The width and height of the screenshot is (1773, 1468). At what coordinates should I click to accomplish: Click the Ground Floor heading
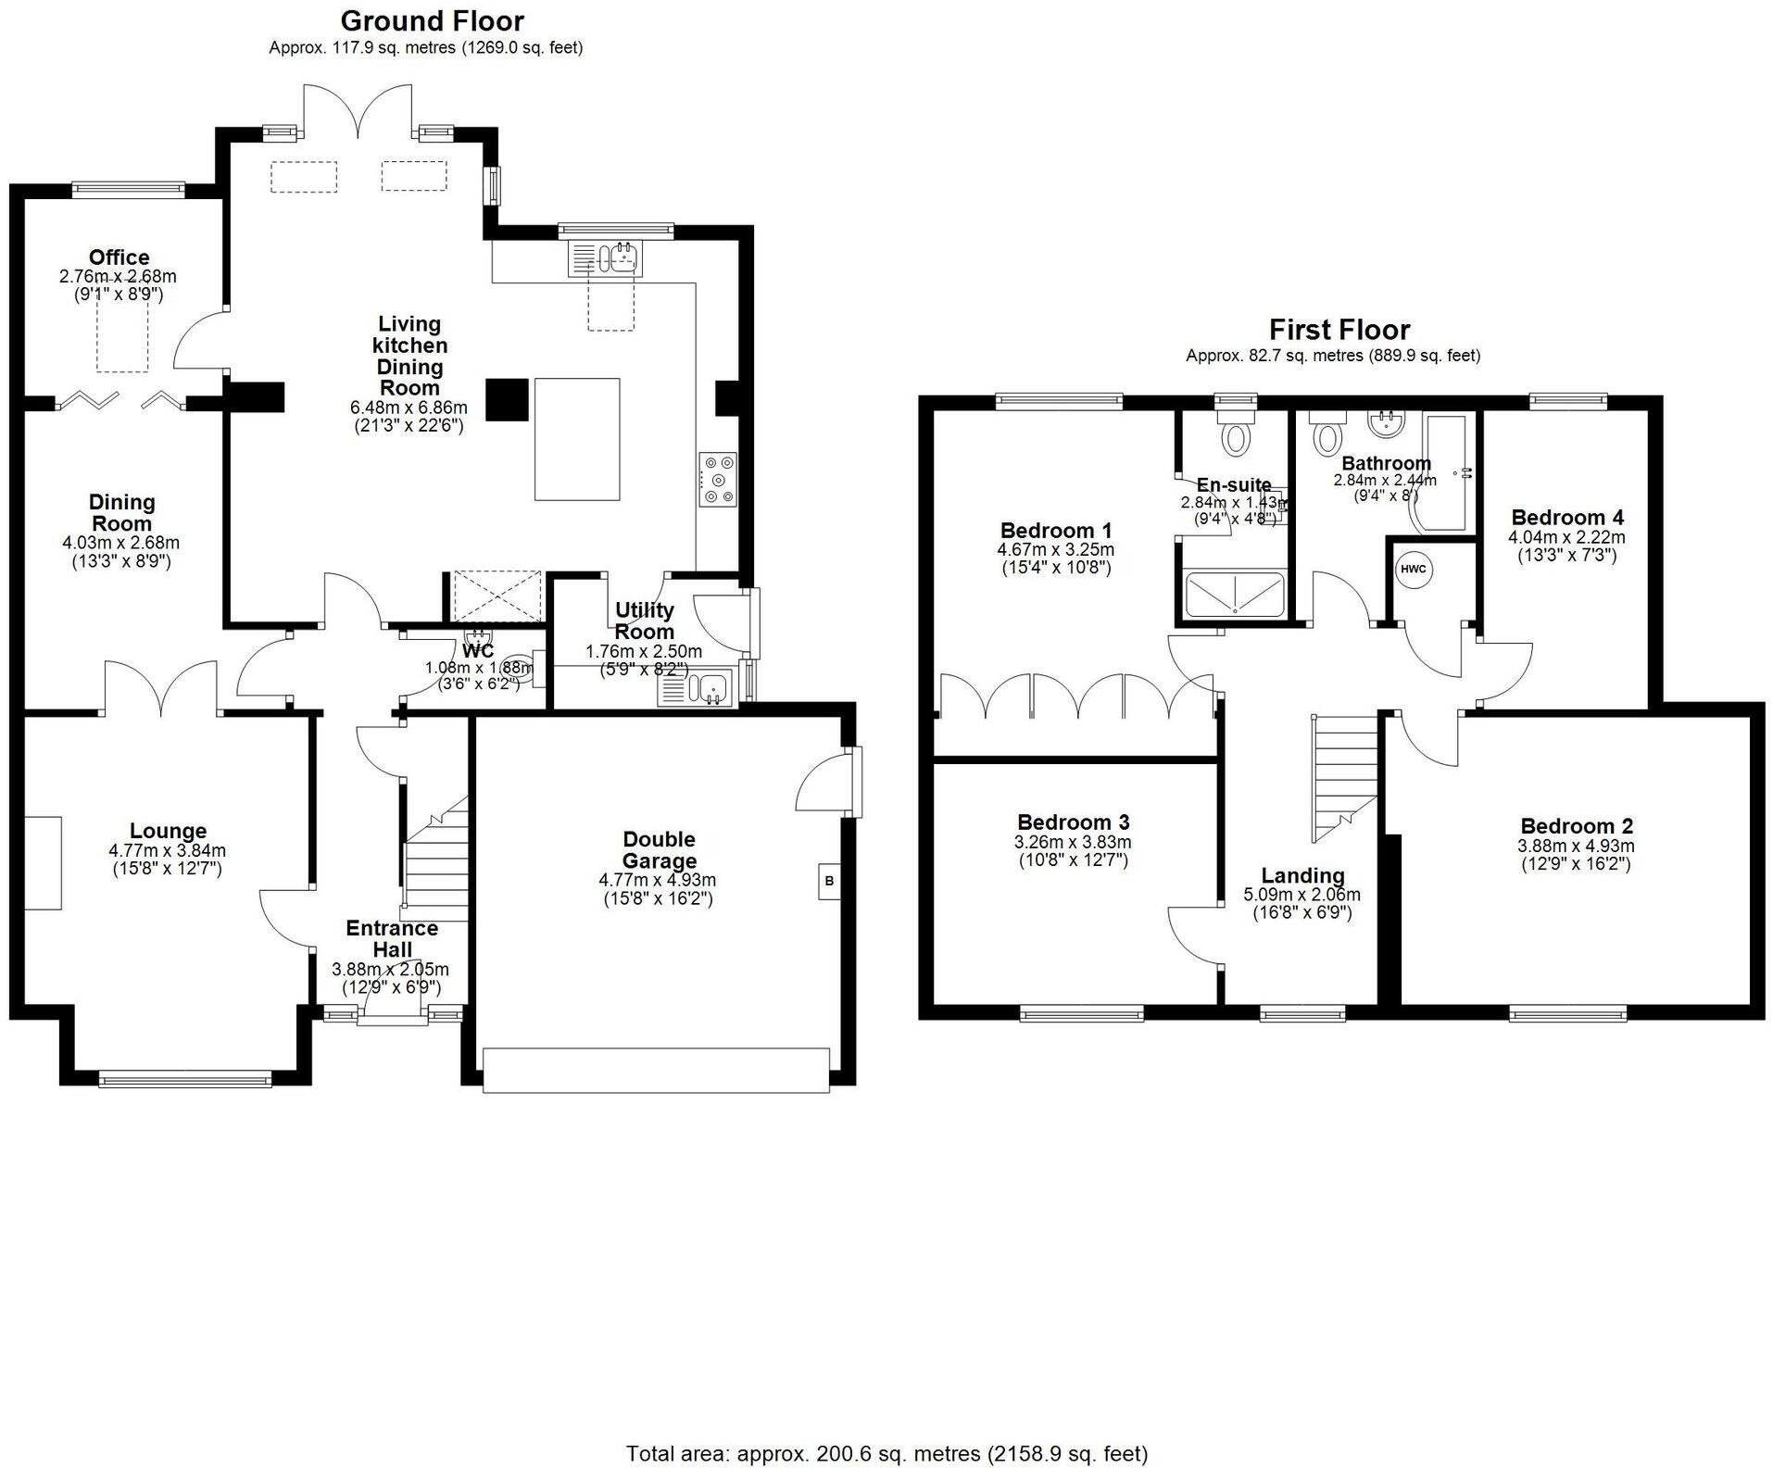pyautogui.click(x=432, y=20)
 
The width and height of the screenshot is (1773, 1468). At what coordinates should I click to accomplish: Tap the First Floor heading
pyautogui.click(x=1339, y=330)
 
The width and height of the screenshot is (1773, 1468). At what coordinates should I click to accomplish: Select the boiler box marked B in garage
pyautogui.click(x=829, y=881)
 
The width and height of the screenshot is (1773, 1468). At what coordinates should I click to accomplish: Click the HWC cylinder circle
pyautogui.click(x=1413, y=570)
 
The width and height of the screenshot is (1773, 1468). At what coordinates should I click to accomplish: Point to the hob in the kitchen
pyautogui.click(x=718, y=480)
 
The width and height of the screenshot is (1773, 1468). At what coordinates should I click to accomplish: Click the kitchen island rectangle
pyautogui.click(x=576, y=438)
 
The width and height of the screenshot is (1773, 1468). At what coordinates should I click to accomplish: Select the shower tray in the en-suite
pyautogui.click(x=1235, y=595)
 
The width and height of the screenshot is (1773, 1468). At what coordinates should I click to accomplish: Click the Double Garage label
pyautogui.click(x=659, y=850)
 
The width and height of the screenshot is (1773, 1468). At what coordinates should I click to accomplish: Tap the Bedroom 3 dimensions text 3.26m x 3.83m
pyautogui.click(x=1073, y=842)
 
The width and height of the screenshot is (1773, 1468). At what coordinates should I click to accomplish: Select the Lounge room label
pyautogui.click(x=168, y=831)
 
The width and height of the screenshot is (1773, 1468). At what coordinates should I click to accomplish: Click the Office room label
pyautogui.click(x=119, y=257)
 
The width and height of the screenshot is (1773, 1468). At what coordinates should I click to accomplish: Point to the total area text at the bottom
pyautogui.click(x=886, y=1453)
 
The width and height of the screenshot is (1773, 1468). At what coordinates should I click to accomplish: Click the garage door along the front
pyautogui.click(x=656, y=1070)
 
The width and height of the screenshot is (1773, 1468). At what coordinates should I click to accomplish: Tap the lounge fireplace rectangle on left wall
pyautogui.click(x=43, y=862)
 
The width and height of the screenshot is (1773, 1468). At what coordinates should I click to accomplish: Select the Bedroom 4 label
pyautogui.click(x=1566, y=517)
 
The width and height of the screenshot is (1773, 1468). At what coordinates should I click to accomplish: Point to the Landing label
pyautogui.click(x=1302, y=875)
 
